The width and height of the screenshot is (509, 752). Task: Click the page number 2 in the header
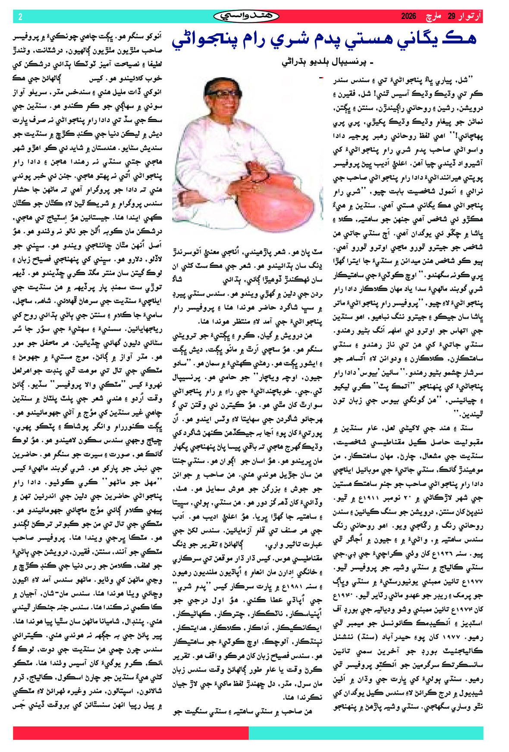[x=20, y=17]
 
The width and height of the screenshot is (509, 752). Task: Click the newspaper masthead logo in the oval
[x=246, y=16]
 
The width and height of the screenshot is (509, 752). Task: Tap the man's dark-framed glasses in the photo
[x=223, y=93]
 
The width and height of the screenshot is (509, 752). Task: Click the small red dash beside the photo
[x=320, y=78]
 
